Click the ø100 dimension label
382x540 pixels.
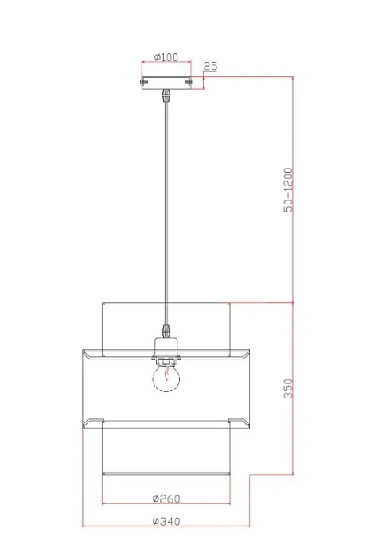pos(166,57)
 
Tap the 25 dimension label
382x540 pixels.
pos(210,66)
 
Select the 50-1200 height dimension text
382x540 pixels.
pos(288,190)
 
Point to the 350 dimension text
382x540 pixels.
pos(288,388)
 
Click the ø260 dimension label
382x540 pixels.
pos(166,499)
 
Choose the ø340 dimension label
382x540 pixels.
pos(166,522)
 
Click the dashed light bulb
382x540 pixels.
pos(166,378)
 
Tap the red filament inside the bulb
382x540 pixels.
pos(167,374)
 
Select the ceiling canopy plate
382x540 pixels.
pos(166,83)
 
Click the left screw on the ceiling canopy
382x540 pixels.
pos(143,82)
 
